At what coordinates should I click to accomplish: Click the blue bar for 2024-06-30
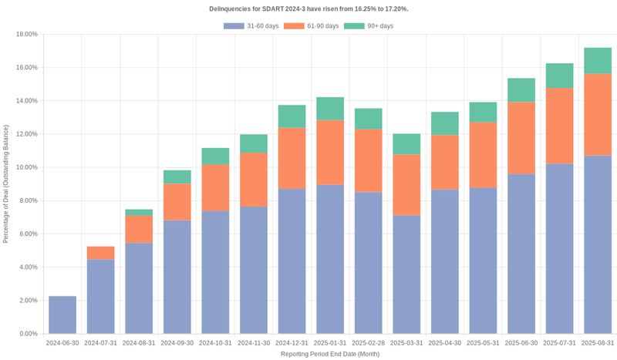click(x=62, y=315)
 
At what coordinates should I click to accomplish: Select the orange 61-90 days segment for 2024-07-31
click(x=100, y=253)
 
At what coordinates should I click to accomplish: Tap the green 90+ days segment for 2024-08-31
click(x=139, y=212)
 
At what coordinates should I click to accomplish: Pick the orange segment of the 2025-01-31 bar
click(x=330, y=153)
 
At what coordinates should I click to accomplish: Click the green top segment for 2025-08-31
click(x=598, y=61)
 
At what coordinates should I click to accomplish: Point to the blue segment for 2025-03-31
click(x=406, y=274)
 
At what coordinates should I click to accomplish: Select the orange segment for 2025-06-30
click(x=521, y=138)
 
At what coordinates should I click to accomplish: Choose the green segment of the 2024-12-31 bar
click(x=292, y=116)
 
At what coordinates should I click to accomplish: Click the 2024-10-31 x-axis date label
click(x=215, y=342)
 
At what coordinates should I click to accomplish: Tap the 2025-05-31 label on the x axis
click(x=483, y=342)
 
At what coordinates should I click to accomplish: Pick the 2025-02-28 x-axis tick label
click(x=368, y=342)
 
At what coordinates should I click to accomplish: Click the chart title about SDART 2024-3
click(x=308, y=8)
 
